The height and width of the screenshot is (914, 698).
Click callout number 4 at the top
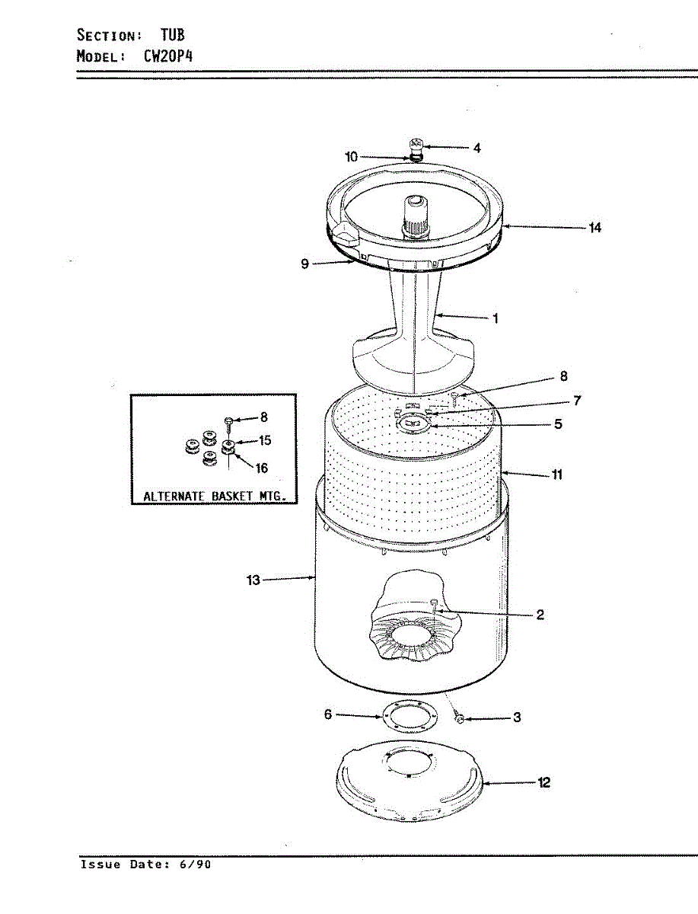click(476, 149)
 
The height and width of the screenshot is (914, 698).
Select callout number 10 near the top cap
click(351, 157)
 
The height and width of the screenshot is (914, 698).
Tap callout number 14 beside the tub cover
click(594, 227)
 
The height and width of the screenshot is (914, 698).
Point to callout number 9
click(304, 264)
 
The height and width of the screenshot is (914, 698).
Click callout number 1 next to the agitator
click(496, 318)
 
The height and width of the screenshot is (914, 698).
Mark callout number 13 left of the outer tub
click(253, 580)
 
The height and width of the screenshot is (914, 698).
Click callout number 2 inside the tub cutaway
click(540, 615)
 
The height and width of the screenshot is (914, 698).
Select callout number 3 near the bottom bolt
click(517, 717)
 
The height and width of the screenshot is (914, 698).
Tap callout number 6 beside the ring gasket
click(328, 714)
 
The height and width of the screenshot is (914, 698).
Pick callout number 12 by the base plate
click(544, 782)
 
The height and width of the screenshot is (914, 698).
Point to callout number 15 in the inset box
click(265, 441)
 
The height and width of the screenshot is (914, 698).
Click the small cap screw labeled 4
click(416, 144)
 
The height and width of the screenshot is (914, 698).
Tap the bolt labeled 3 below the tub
click(459, 717)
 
